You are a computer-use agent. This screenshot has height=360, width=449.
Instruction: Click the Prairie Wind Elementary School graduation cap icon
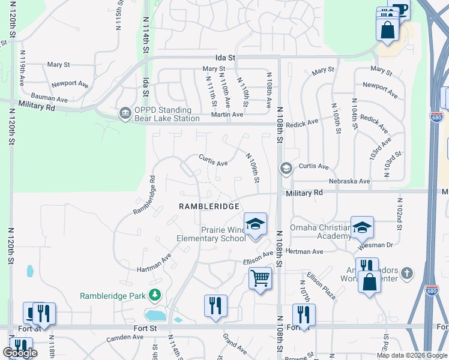point(255,225)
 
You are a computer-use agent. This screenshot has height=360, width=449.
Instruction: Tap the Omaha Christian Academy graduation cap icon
point(362,227)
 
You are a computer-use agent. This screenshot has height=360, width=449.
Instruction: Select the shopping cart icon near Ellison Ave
point(260,278)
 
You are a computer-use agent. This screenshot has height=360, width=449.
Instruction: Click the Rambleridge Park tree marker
point(155,295)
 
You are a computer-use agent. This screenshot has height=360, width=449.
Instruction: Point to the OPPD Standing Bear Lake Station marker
point(124,113)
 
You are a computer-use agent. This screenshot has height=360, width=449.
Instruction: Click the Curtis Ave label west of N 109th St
point(213,163)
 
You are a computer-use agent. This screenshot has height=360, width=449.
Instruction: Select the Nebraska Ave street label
point(349,181)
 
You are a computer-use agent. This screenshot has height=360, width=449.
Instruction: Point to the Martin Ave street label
point(230,114)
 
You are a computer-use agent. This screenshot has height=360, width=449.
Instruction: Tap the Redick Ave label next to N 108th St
point(302,122)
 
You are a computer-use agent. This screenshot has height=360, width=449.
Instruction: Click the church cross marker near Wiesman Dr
point(406,274)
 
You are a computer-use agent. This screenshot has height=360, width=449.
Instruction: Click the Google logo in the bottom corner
point(20,353)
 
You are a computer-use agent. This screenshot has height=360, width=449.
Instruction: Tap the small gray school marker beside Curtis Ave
point(286,168)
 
